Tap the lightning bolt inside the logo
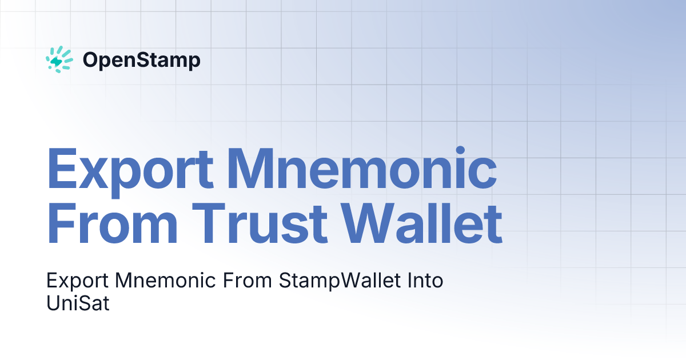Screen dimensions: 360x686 coord(57,61)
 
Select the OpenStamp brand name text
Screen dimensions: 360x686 coord(141,60)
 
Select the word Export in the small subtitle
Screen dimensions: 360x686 coord(77,282)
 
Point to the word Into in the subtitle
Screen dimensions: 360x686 coord(424,281)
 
